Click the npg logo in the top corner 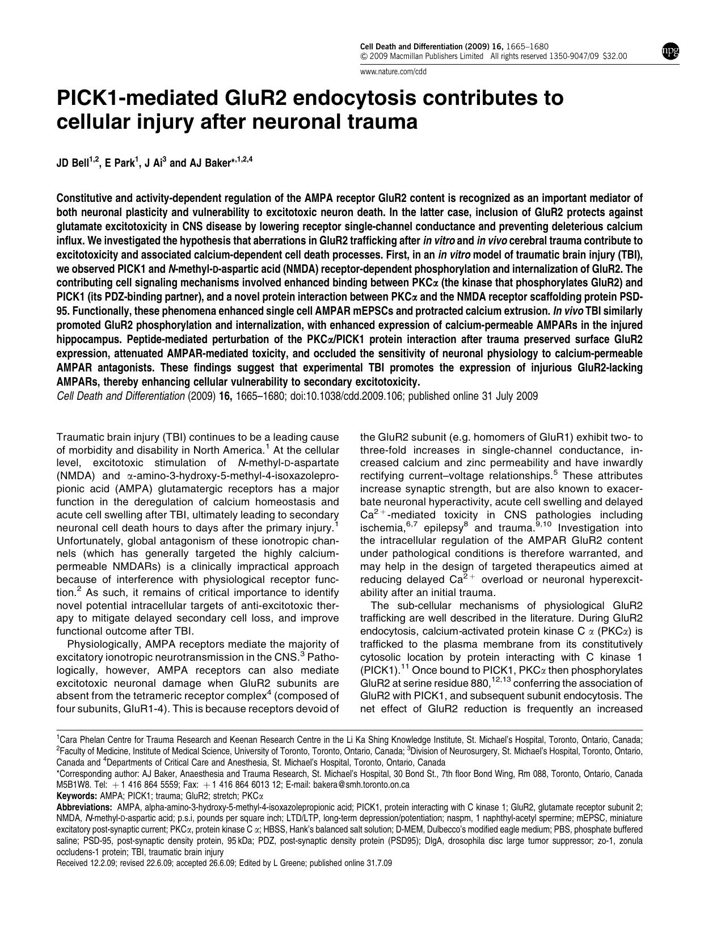click(670, 52)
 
